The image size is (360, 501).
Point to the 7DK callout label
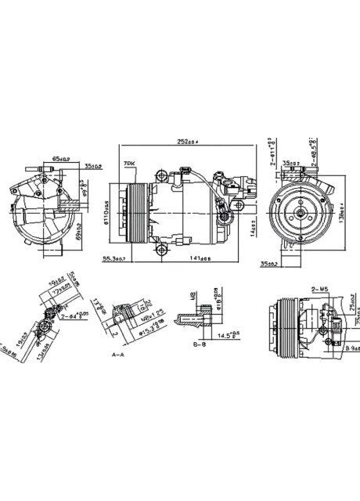click(x=128, y=164)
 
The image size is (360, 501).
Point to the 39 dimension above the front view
click(x=290, y=164)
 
